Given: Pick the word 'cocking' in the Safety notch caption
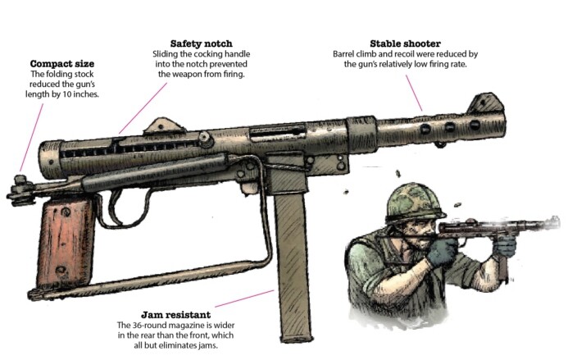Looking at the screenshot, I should point(206,54).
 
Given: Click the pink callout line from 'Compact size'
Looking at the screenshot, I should point(29,139).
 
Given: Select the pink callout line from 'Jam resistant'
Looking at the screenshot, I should point(245,296).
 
